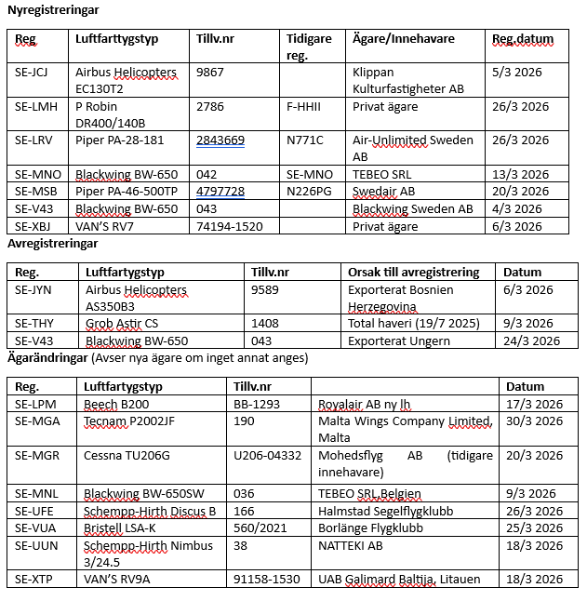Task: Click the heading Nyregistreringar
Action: tap(53, 9)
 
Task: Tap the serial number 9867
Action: tap(210, 72)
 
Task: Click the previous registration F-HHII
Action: tap(304, 106)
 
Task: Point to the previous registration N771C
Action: tap(305, 140)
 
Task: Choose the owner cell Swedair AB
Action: tap(383, 192)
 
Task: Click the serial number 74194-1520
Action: tap(229, 226)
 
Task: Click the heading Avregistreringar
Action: tap(52, 244)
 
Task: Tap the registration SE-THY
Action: tap(34, 324)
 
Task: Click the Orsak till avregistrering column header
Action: tap(414, 272)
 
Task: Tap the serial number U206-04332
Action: tap(267, 456)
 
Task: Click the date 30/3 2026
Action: tap(535, 421)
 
